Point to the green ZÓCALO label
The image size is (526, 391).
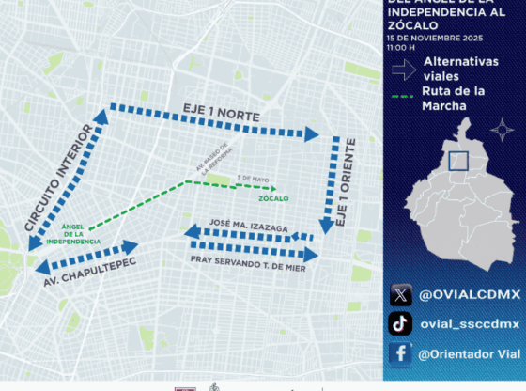[x=274, y=199]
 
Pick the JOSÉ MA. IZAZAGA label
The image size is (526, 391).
[x=250, y=216]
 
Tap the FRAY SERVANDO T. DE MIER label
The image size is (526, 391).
[x=247, y=267]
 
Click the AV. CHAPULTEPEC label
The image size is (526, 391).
[x=89, y=271]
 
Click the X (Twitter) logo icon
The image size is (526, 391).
[x=400, y=295]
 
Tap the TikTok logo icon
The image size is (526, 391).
[x=400, y=324]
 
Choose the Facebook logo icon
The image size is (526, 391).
[x=400, y=353]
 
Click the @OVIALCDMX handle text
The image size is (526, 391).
[x=456, y=295]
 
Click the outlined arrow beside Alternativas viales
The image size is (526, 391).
[x=404, y=68]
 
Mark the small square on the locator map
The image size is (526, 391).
[x=457, y=161]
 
